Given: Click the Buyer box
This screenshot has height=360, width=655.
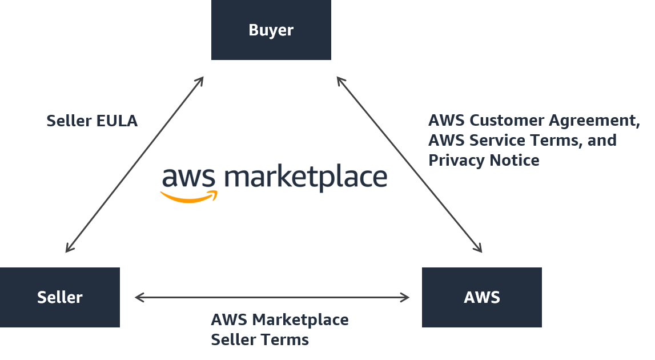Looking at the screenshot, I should (271, 30).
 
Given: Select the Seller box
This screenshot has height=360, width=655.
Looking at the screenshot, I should (59, 297).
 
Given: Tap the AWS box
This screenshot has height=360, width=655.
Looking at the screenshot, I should (481, 297).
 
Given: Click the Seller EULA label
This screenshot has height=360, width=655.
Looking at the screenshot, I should (91, 121).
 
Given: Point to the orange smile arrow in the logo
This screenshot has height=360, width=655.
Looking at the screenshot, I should (188, 197).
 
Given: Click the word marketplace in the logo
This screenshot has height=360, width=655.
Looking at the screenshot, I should (306, 178).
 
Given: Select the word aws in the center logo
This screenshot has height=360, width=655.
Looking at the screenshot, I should (188, 178).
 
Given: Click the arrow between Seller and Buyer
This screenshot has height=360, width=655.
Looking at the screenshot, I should (134, 164).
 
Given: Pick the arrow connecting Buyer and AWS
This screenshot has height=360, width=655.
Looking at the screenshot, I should (409, 164).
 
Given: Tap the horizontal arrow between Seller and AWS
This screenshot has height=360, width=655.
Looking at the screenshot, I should (272, 297).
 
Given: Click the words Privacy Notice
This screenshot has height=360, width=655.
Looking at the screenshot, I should (484, 161).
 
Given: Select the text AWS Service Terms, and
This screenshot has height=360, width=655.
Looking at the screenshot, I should (522, 141).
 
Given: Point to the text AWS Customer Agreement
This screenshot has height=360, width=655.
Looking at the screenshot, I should (532, 121).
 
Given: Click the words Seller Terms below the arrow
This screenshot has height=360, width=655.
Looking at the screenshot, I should (260, 339).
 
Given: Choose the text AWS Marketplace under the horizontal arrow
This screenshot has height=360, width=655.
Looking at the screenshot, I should (279, 319).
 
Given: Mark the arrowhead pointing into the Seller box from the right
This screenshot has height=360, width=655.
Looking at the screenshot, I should (139, 297).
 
